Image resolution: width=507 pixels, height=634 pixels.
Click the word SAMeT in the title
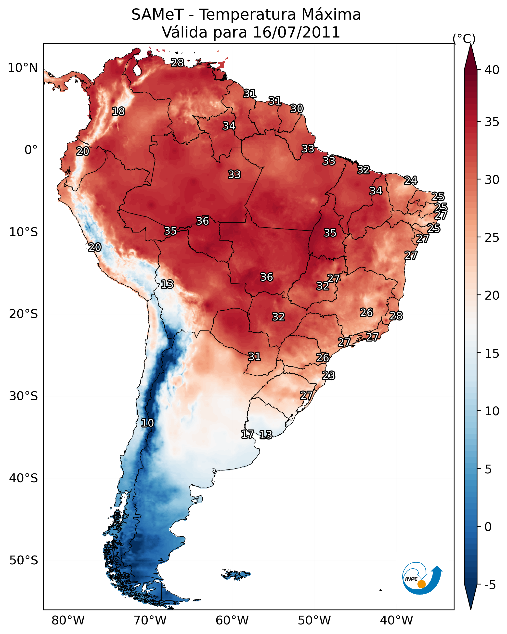157,15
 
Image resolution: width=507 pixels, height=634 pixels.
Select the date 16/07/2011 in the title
296,32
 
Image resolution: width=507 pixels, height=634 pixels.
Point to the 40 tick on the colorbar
492,70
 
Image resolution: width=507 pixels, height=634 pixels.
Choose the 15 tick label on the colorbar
492,354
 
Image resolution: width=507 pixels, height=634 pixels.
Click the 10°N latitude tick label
23,68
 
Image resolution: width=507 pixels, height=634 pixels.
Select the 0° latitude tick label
31,150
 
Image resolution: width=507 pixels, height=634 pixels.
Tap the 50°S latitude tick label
24,560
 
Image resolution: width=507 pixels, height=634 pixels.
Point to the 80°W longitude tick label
68,621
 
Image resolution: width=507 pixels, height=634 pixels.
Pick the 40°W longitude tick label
396,621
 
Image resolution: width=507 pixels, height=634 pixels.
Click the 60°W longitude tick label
232,621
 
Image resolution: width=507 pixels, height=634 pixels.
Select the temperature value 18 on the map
118,112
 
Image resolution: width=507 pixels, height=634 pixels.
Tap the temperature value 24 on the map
411,180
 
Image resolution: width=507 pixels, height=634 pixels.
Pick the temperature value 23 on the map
328,376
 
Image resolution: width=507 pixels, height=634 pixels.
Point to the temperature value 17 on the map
247,434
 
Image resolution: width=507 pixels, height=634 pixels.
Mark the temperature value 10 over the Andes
147,423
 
